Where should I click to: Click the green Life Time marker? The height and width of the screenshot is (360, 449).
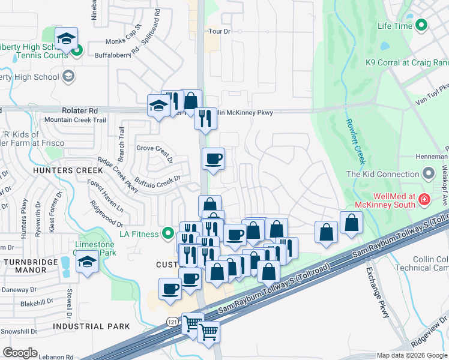tap(421, 25)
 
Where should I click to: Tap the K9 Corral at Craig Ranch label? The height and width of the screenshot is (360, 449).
tap(407, 62)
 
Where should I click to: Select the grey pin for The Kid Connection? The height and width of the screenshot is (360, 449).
tap(429, 174)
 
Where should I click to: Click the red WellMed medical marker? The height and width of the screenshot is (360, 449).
tap(424, 199)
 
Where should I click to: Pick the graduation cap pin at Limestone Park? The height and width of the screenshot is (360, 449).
tap(88, 262)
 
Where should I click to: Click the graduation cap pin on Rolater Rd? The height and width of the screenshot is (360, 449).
tap(158, 106)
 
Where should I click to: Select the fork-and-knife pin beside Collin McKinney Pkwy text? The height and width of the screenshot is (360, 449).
tap(205, 118)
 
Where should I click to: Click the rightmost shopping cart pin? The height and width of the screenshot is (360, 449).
tap(209, 331)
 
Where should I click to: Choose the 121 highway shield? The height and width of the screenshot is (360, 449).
tap(172, 321)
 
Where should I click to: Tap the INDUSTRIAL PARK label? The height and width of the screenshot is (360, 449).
tap(91, 326)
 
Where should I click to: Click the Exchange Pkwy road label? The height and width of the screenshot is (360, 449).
tap(378, 293)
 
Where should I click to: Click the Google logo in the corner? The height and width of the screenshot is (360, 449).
tap(20, 353)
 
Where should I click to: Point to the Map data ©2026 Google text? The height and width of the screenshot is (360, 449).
tap(411, 355)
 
